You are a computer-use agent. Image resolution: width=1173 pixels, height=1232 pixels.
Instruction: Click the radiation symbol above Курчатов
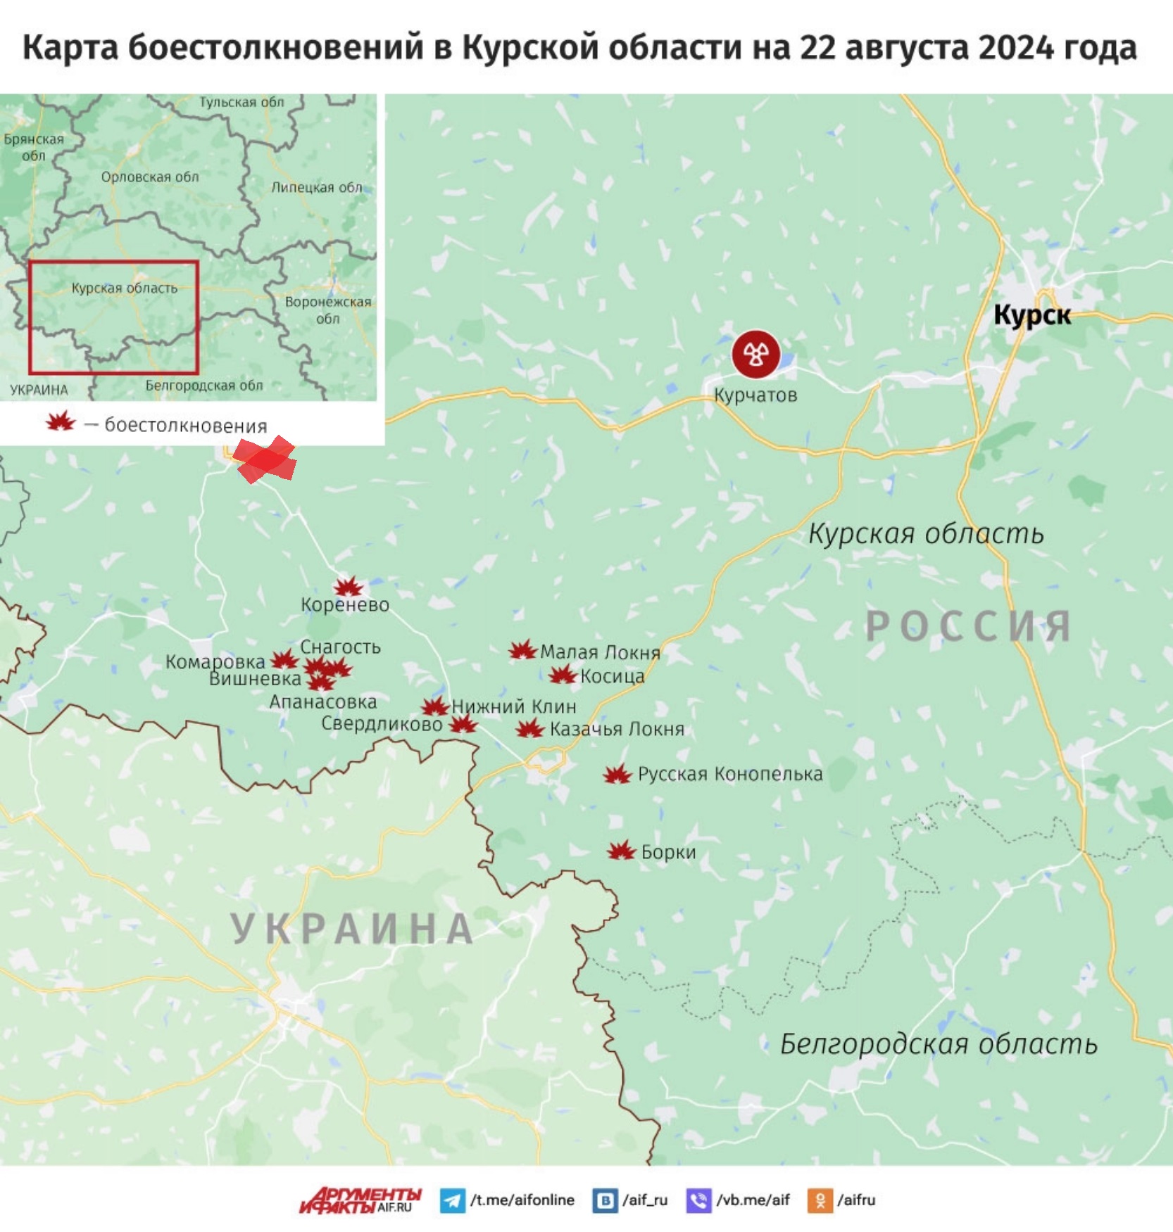(x=755, y=354)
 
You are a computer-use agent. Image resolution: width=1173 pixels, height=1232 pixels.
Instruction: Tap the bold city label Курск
(x=1032, y=315)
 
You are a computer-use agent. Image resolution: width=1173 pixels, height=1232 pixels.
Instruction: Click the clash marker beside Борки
(x=621, y=851)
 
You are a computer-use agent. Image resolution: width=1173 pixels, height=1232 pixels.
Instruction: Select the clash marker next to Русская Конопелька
(x=617, y=775)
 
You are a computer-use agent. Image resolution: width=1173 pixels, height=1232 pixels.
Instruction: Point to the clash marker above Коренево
(x=349, y=586)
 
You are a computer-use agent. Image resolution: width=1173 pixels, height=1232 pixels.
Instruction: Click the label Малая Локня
(x=600, y=652)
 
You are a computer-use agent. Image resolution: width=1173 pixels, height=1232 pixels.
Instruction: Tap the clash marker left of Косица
(x=563, y=675)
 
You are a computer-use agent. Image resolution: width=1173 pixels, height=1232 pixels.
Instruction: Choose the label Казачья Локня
(x=617, y=729)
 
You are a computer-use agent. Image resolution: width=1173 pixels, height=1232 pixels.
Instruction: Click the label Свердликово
(x=382, y=724)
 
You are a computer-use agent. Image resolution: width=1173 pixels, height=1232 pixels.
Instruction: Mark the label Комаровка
(x=215, y=661)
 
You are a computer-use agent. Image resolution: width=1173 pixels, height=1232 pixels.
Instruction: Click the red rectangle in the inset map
(x=113, y=317)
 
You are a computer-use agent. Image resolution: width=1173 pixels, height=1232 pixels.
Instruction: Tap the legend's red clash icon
(x=61, y=422)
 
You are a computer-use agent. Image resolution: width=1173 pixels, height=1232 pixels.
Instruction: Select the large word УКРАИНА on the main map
(x=352, y=929)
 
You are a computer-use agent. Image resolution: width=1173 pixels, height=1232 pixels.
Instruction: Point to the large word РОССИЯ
(x=968, y=626)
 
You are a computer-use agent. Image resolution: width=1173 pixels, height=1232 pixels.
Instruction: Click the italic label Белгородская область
(x=939, y=1044)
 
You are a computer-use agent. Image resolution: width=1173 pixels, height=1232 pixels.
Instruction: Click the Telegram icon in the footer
(x=452, y=1200)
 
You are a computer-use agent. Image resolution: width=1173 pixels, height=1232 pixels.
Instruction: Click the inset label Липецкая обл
(x=317, y=187)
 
